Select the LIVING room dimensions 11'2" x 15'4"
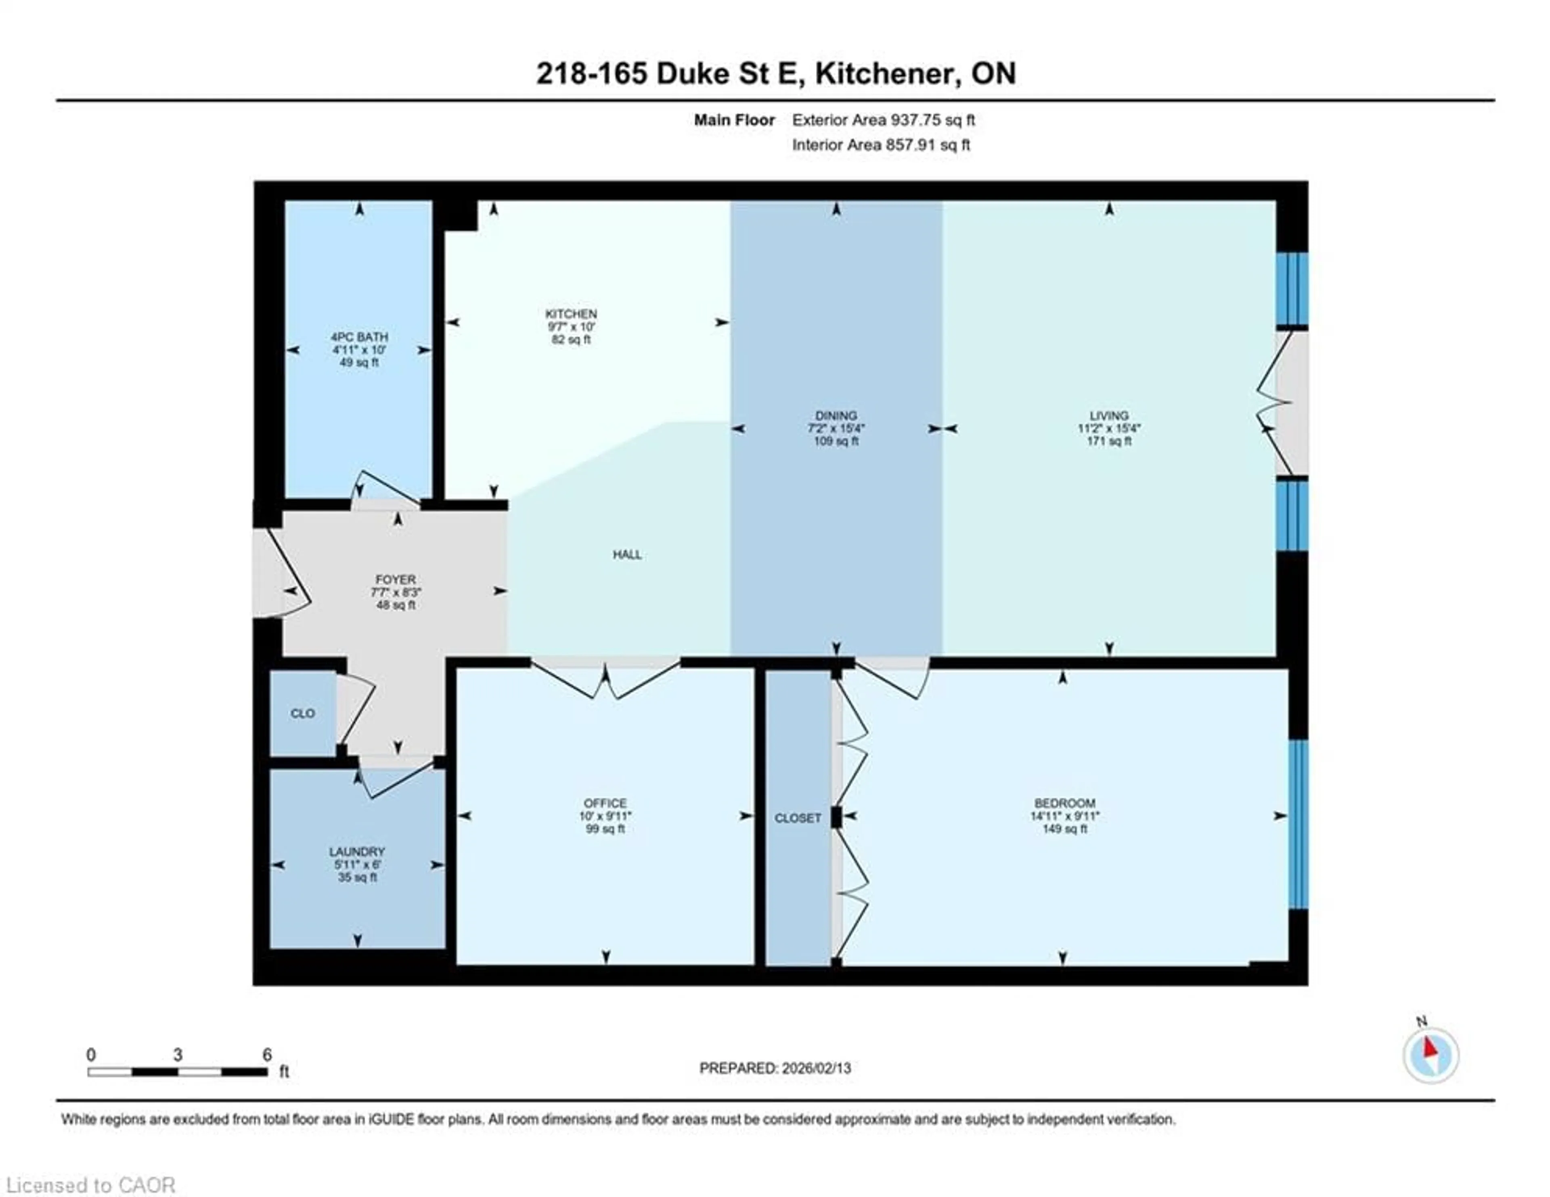(1108, 428)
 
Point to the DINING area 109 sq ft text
(836, 441)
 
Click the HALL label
(627, 554)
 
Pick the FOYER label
(395, 580)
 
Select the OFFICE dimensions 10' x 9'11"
(605, 816)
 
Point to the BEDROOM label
(1064, 803)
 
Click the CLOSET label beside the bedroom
(798, 818)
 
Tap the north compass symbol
(1430, 1055)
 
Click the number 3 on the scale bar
(178, 1055)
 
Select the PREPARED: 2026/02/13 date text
(775, 1068)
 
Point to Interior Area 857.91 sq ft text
(881, 145)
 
